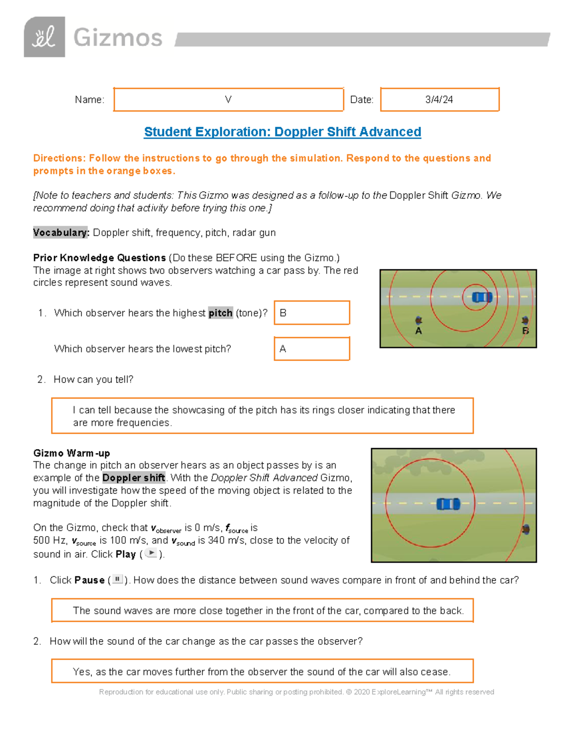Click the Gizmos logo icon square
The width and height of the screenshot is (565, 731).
[44, 37]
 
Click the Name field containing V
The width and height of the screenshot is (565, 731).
[228, 99]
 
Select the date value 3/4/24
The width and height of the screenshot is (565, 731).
[439, 99]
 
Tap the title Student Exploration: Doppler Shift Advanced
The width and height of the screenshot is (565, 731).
[282, 132]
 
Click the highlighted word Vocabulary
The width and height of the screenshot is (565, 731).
[61, 233]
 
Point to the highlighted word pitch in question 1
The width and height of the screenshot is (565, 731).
[220, 313]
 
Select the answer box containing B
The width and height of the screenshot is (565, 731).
[312, 313]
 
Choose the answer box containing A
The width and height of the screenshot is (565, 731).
[312, 349]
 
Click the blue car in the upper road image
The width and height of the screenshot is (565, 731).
[482, 297]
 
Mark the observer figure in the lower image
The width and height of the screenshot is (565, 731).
[526, 530]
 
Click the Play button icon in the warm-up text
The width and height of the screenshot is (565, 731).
[151, 553]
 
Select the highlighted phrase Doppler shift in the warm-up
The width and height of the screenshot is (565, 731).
[134, 478]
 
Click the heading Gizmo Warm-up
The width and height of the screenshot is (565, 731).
[72, 453]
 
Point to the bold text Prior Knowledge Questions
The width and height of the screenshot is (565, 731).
[99, 258]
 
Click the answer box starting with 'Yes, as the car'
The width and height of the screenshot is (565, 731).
[262, 671]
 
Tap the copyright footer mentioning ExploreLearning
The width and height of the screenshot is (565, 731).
[296, 692]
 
